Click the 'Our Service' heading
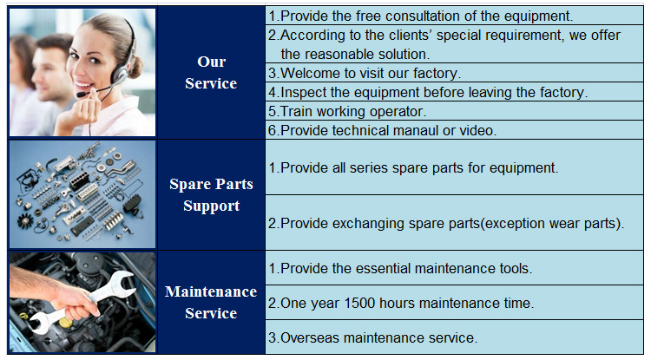pos(211,73)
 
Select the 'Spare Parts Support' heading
pos(211,195)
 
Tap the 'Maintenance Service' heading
pos(211,303)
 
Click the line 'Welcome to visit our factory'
pos(364,73)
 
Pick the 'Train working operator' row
pos(346,111)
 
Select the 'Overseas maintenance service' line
pos(372,337)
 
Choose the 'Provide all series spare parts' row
pos(412,167)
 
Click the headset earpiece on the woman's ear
pos(120,75)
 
